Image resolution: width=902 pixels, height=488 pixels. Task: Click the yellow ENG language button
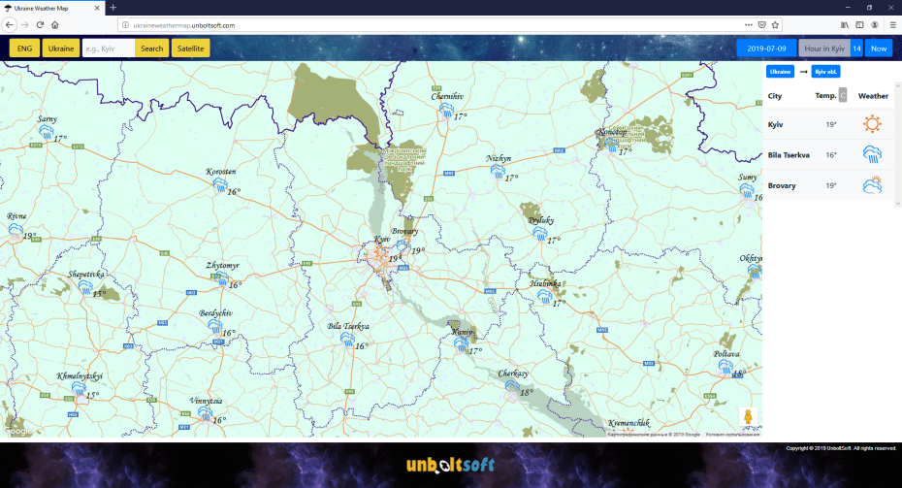point(24,49)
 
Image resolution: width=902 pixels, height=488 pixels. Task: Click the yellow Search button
point(151,49)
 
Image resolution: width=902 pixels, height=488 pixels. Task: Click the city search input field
point(108,49)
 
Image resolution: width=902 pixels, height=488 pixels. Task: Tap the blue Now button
point(878,49)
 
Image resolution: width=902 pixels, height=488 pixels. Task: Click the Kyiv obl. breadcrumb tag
point(826,72)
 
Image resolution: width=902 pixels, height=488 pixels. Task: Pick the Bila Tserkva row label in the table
point(789,154)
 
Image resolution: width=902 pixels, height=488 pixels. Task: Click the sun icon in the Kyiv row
point(873,124)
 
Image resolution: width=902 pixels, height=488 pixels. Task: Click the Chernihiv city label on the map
point(447,97)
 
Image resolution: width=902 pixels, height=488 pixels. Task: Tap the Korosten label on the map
point(221,172)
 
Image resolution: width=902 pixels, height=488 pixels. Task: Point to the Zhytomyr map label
point(222,265)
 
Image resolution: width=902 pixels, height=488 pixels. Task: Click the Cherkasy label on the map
point(513,374)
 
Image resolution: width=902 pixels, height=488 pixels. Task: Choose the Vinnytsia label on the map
point(207,401)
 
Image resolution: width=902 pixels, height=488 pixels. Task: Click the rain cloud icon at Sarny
point(46,135)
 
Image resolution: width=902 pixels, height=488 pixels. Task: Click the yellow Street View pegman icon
point(748,417)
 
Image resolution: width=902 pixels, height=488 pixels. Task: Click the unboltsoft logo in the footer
point(450,466)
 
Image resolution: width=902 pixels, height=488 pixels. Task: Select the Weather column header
point(873,96)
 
